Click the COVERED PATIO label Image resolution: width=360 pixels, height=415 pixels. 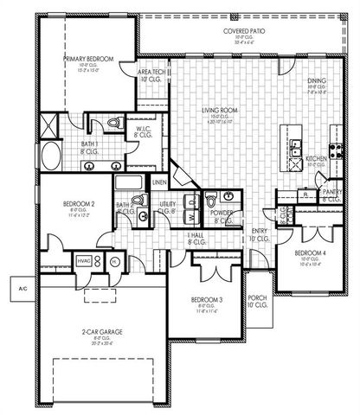[244, 30]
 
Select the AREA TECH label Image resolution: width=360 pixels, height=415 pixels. [152, 73]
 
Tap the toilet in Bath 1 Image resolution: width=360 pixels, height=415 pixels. [116, 124]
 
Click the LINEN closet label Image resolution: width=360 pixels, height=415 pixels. [159, 182]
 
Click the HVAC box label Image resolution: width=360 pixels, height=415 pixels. [85, 259]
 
